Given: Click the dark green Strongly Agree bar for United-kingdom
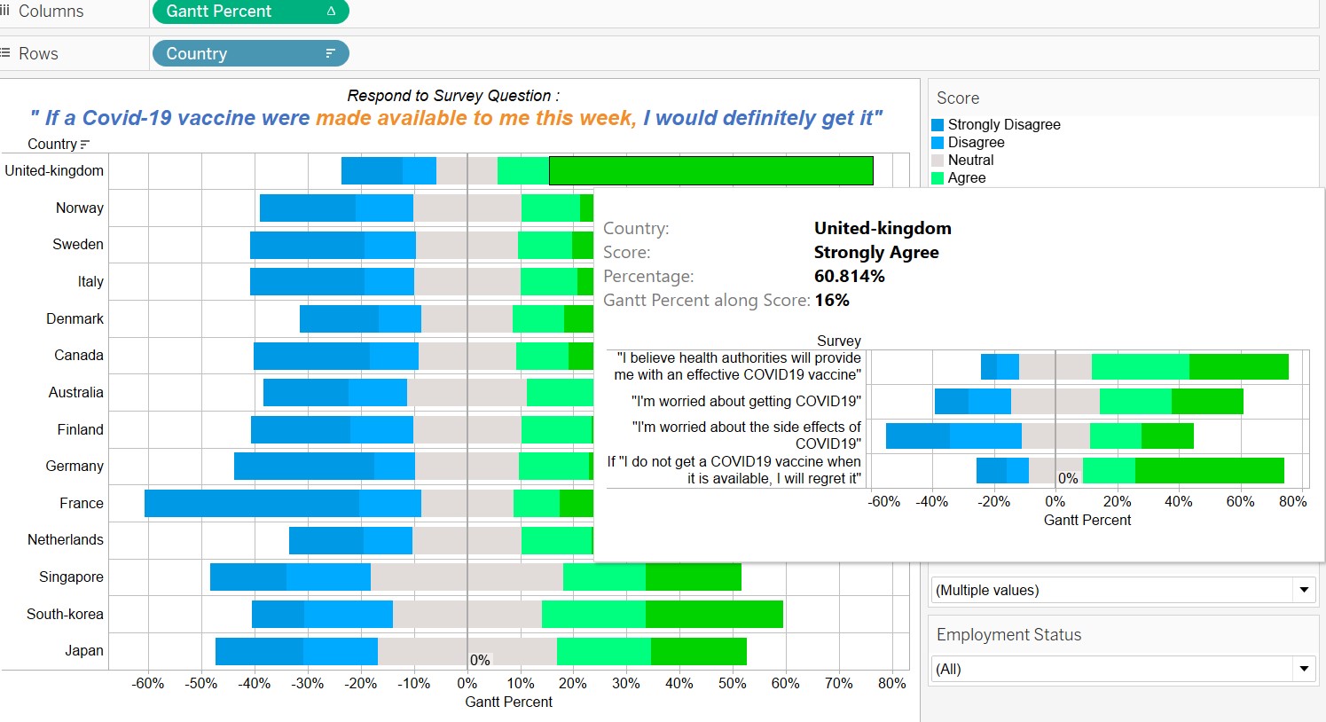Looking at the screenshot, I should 710,170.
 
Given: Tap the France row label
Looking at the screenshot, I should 81,503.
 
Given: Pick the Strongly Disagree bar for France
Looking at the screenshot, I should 251,503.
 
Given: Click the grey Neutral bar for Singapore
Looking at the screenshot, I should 467,577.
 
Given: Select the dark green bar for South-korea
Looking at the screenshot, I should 714,614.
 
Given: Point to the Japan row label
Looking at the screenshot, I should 83,650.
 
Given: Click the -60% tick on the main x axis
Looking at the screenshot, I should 148,683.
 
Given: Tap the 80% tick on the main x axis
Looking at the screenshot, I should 891,683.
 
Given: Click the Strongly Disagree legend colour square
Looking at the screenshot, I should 938,125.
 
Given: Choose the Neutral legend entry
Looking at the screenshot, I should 970,160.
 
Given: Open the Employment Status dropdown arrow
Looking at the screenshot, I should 1303,669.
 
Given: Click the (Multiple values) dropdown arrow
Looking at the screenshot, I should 1303,590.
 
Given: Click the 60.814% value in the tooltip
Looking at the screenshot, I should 849,276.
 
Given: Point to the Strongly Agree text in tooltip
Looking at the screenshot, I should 875,252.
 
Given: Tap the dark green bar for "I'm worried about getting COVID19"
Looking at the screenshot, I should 1207,401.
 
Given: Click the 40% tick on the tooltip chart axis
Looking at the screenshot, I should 1178,501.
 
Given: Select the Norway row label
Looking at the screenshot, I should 79,208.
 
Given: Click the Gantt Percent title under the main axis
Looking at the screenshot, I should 508,702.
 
